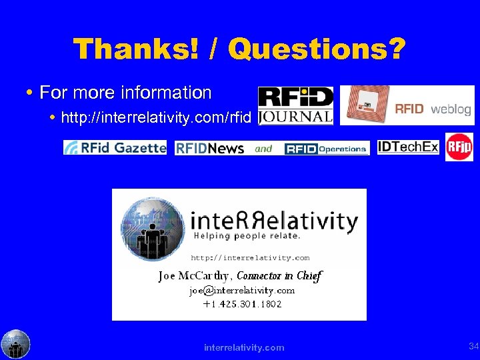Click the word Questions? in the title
[316, 49]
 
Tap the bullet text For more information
[125, 93]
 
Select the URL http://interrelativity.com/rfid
[156, 119]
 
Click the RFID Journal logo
[295, 106]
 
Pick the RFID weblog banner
[407, 105]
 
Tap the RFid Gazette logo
[115, 147]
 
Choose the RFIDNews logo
[209, 148]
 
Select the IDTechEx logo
[408, 147]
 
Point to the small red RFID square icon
[459, 147]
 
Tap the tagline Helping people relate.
[247, 236]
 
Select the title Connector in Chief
[279, 275]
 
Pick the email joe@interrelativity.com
[241, 291]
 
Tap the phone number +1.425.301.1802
[242, 304]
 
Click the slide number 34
[473, 346]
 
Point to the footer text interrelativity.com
[244, 347]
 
